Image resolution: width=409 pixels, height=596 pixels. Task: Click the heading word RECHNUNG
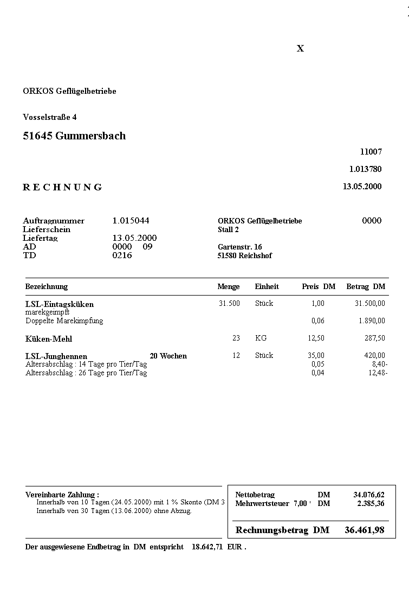click(x=62, y=187)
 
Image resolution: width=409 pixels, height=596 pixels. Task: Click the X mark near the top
click(x=301, y=48)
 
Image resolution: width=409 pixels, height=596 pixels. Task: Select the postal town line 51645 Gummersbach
click(x=74, y=136)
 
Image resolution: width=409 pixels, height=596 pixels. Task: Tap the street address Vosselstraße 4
click(x=50, y=117)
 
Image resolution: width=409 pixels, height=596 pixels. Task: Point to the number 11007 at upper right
click(x=371, y=152)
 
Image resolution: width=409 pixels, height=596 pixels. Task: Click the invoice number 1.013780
click(x=365, y=169)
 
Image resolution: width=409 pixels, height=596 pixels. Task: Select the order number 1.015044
click(x=131, y=221)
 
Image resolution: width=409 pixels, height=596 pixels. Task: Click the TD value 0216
click(x=122, y=255)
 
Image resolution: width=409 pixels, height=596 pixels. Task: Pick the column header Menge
click(x=228, y=286)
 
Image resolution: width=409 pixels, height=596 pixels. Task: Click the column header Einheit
click(x=267, y=286)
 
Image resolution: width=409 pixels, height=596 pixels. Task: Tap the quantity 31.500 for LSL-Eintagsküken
click(x=229, y=303)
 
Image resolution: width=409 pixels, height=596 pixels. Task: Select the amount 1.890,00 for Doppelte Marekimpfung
click(x=372, y=321)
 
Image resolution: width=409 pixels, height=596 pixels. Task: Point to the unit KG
click(x=261, y=338)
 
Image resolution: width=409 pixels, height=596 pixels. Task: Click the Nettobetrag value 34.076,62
click(x=368, y=495)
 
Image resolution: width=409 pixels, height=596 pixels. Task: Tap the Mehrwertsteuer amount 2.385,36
click(x=371, y=503)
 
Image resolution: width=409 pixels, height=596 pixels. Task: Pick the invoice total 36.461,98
click(x=364, y=530)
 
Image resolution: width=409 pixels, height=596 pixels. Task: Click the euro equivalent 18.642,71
click(x=207, y=547)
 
